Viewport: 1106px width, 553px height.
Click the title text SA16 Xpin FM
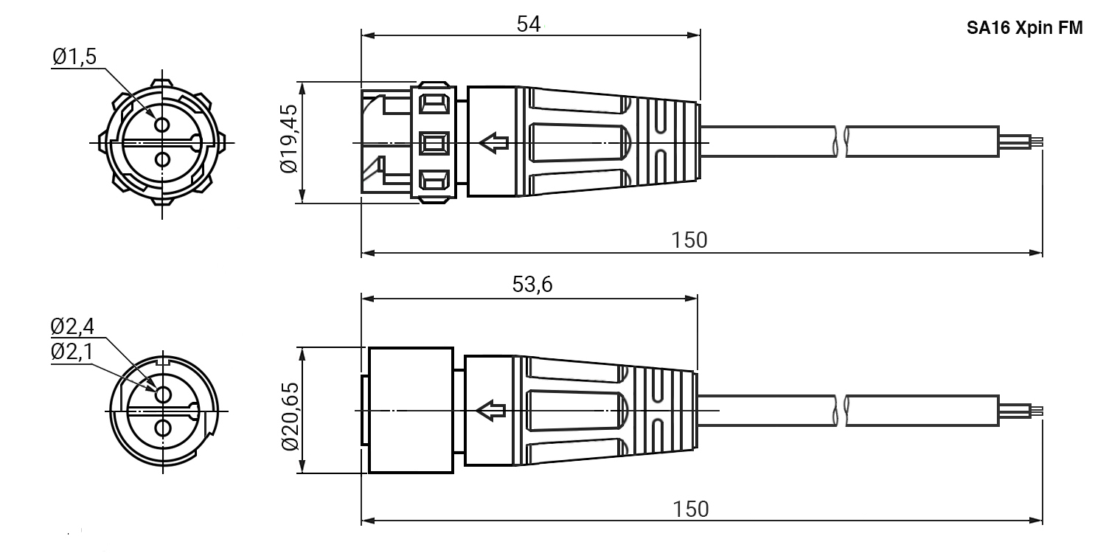tap(1024, 28)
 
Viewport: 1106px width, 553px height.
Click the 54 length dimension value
tap(529, 24)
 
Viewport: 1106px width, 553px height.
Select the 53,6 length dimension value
tap(532, 285)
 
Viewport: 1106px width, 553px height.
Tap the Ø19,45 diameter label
tap(289, 139)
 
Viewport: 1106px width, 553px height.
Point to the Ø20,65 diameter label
tap(290, 417)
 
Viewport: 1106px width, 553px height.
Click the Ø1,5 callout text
tap(74, 57)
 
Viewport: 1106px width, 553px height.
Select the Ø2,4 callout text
tap(72, 327)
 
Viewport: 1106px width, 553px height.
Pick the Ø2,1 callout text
tap(72, 352)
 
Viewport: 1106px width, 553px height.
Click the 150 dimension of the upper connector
tap(689, 240)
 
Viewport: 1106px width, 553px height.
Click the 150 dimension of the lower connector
tap(691, 509)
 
